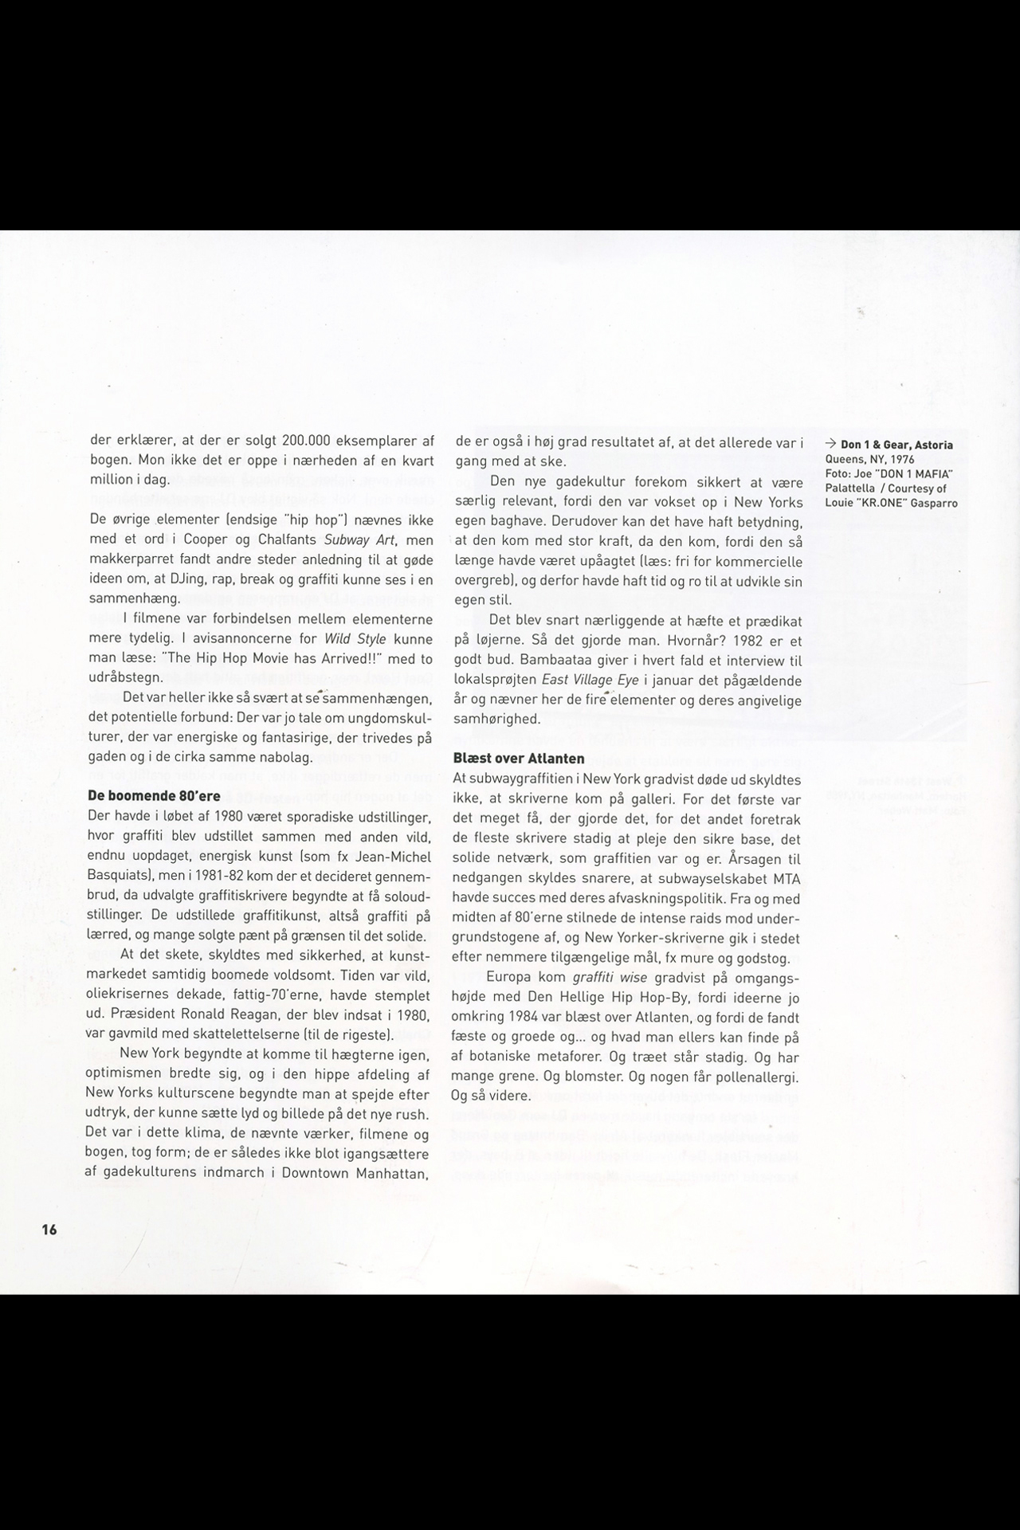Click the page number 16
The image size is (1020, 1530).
(x=49, y=1229)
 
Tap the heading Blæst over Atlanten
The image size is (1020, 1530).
(x=518, y=759)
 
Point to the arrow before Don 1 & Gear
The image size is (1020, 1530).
(x=830, y=445)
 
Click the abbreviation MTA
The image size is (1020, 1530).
(x=787, y=879)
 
